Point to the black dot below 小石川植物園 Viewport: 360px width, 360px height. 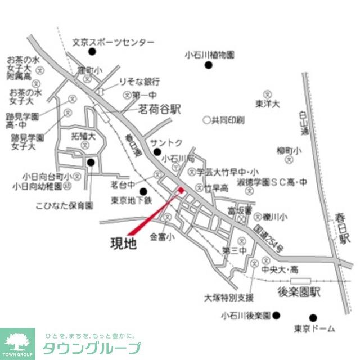click(x=209, y=66)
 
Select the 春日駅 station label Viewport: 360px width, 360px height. click(x=345, y=227)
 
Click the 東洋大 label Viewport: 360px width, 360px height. click(x=267, y=104)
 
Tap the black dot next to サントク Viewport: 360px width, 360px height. click(x=157, y=151)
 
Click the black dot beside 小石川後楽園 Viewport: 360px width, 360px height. click(x=276, y=315)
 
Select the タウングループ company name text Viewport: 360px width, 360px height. click(x=91, y=348)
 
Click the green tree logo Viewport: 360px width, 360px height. click(x=17, y=341)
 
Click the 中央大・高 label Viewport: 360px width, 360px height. click(x=280, y=269)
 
